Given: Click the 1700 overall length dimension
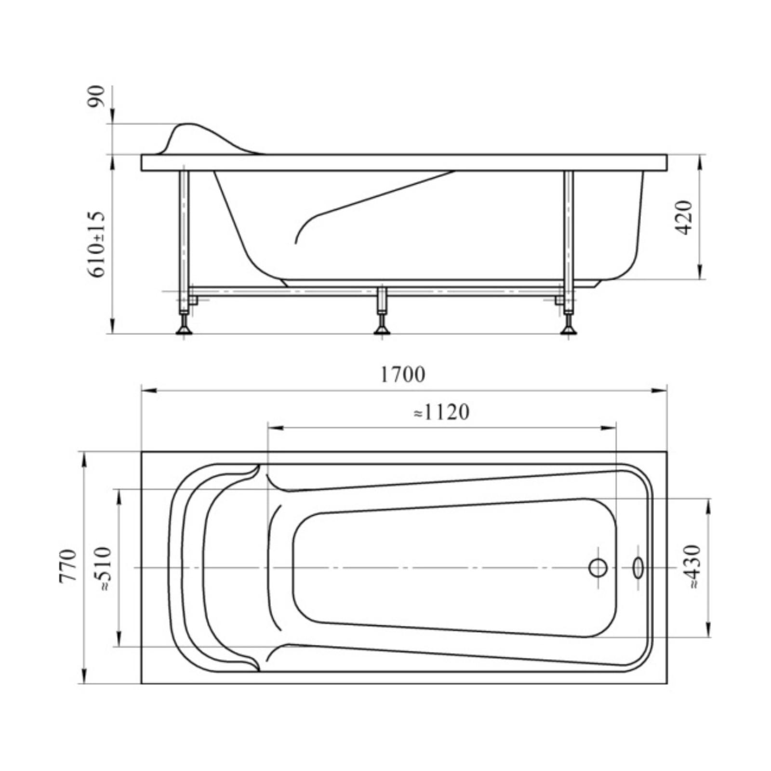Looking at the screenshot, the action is (x=403, y=374).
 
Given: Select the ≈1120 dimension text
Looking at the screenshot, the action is (x=441, y=412).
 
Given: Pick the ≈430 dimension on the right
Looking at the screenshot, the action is (x=691, y=567).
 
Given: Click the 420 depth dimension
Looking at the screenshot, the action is (x=684, y=217).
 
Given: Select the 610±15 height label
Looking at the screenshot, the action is (x=97, y=244).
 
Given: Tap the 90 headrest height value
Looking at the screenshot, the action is (x=97, y=96).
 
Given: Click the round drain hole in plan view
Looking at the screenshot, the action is (x=598, y=568).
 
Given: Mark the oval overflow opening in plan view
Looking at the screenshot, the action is (x=638, y=568).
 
